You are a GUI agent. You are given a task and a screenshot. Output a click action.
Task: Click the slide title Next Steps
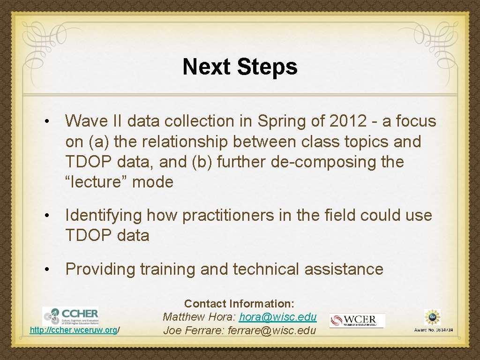[240, 67]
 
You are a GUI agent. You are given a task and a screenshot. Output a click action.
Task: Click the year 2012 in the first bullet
[348, 121]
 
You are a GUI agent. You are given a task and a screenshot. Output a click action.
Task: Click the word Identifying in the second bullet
[104, 215]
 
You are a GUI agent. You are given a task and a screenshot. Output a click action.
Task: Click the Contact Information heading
[239, 304]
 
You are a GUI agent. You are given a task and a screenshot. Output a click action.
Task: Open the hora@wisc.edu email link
[278, 317]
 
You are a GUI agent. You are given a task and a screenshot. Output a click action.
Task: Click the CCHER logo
[70, 316]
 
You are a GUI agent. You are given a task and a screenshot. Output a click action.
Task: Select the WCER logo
[357, 321]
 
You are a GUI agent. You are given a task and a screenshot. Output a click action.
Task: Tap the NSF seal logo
[432, 317]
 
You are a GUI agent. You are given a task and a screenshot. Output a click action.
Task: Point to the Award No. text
[433, 330]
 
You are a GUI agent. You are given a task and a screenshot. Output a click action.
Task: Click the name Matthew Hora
[199, 317]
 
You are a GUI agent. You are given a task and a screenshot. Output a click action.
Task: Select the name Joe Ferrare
[193, 330]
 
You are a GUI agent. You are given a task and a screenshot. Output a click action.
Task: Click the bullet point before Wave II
[47, 122]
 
